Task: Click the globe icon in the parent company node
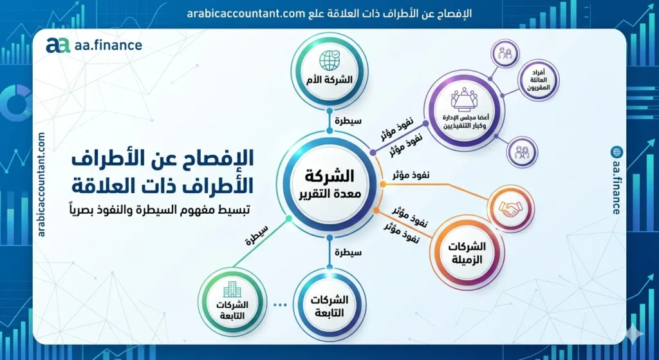[x=331, y=60]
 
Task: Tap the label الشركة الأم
[x=331, y=81]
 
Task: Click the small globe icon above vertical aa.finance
[x=617, y=153]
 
